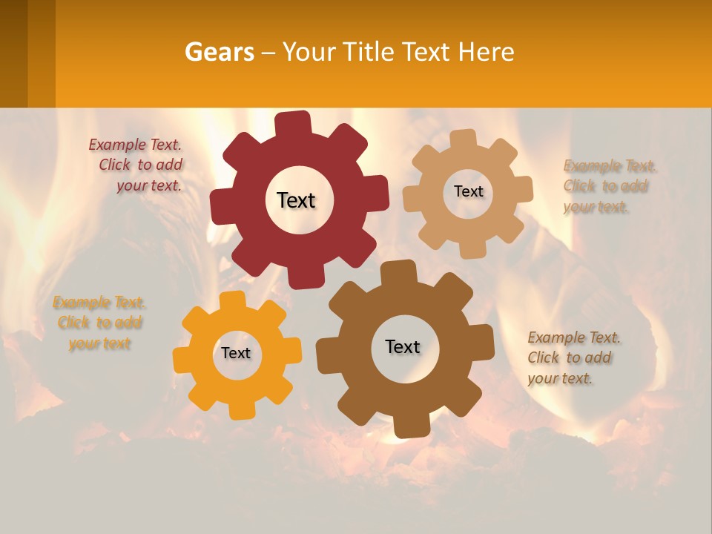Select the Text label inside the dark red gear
pos(297,200)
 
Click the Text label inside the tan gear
pos(468,191)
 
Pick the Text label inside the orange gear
pos(236,354)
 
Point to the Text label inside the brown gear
pos(403,346)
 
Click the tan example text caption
pos(608,186)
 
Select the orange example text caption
pos(99,323)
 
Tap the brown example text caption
pos(573,357)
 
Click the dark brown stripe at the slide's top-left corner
pos(13,53)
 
